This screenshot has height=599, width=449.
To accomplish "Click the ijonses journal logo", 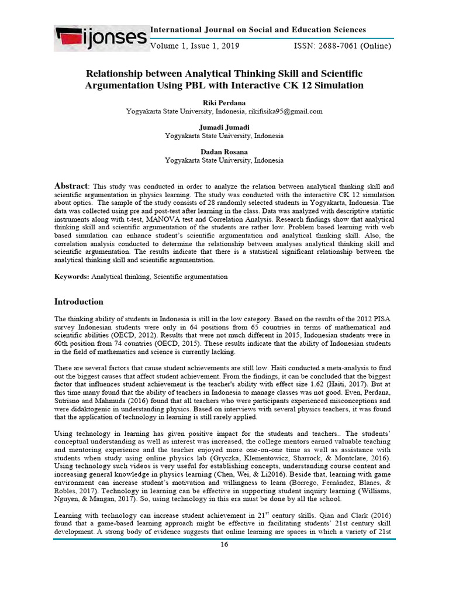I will point(101,39).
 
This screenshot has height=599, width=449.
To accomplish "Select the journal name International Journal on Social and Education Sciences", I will point(258,30).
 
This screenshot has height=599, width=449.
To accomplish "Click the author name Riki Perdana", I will point(224,102).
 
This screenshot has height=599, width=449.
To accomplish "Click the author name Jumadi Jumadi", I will point(224,127).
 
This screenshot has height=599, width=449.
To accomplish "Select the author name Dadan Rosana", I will point(224,152).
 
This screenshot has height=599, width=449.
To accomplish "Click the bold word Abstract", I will point(71,185).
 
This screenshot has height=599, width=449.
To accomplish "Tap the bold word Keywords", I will point(71,276).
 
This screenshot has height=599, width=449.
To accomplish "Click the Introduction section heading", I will point(79,302).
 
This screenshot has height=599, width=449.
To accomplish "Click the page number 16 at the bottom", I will point(223,545).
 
